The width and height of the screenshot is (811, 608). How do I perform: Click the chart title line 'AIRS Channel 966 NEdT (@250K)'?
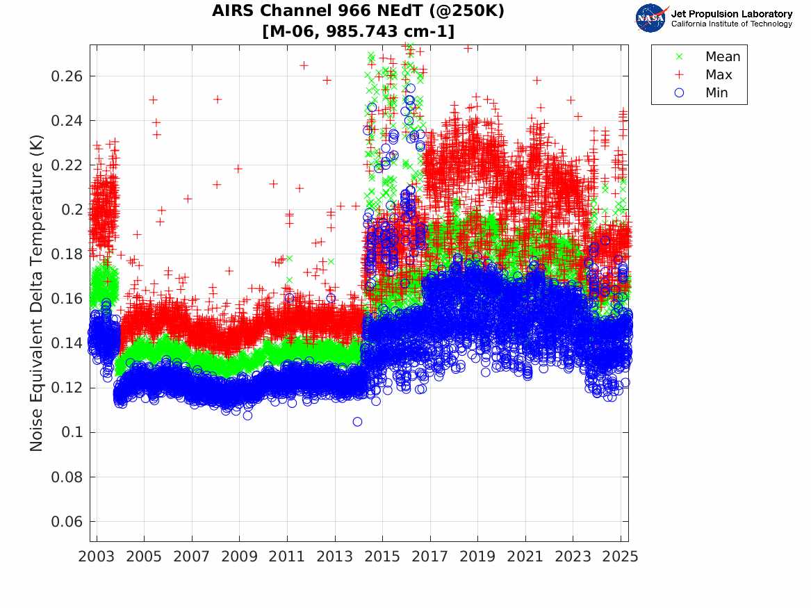tap(358, 10)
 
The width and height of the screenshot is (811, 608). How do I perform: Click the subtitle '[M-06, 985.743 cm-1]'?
tap(359, 31)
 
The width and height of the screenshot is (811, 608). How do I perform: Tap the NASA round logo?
tap(650, 19)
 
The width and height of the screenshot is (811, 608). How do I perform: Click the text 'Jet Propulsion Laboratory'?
tap(731, 14)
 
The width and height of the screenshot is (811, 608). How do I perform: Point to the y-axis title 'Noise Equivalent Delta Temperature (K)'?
tap(36, 293)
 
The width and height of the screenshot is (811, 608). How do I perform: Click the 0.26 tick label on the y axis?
tap(67, 76)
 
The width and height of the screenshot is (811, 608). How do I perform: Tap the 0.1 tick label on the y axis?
tap(72, 432)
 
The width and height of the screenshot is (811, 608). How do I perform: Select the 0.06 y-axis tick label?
tap(67, 522)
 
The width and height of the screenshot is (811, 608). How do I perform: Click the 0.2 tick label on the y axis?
tap(72, 210)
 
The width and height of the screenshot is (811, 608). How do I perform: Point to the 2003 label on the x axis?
tap(96, 557)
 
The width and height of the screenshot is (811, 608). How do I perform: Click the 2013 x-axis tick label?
tap(335, 557)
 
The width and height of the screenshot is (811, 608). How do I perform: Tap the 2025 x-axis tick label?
tap(621, 557)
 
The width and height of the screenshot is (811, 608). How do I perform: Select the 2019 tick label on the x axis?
tap(477, 557)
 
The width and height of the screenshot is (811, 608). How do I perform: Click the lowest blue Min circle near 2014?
tap(357, 422)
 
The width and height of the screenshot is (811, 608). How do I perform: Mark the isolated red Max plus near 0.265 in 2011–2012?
tap(304, 65)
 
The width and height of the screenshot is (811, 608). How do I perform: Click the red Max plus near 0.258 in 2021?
tap(537, 80)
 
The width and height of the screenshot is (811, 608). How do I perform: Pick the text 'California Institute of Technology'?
tap(731, 24)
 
